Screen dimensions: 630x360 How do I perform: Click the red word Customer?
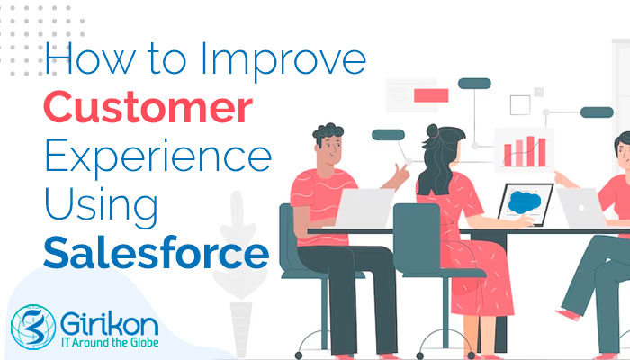pos(148,107)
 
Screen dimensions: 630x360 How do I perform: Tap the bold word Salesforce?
pos(156,252)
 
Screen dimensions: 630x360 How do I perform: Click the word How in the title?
pos(90,59)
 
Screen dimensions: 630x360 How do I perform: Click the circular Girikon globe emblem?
pos(33,327)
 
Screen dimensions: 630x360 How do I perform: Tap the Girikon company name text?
pos(109,325)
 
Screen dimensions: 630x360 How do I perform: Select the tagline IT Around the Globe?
pos(109,343)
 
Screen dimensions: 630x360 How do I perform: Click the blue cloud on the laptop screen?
pos(525,202)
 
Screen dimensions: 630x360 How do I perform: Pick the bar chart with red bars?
pos(525,150)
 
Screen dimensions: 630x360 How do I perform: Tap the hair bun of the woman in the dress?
pos(432,131)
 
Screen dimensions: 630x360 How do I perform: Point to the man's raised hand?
pos(400,173)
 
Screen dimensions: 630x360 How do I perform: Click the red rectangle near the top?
pos(431,95)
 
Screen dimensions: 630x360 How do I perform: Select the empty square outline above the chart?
pos(520,105)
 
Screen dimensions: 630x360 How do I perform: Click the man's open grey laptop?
pos(364,208)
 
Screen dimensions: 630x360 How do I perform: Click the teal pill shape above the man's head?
pos(388,135)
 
